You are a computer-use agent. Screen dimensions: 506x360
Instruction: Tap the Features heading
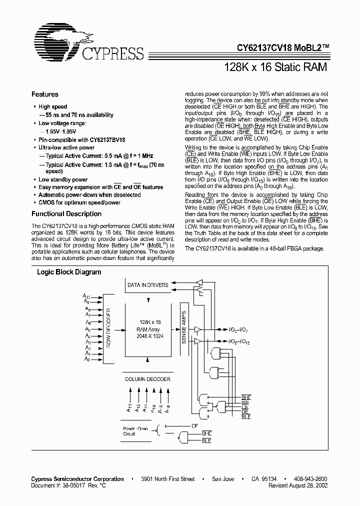pos(45,94)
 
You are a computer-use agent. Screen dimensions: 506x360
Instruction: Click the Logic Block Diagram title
pos(69,272)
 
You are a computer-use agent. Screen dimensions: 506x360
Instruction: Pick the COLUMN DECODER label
pos(147,379)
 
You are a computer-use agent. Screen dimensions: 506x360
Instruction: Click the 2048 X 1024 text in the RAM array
pos(147,336)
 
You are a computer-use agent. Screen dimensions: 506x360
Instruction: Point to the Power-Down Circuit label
pos(134,431)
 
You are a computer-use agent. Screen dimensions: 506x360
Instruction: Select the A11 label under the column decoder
pos(129,407)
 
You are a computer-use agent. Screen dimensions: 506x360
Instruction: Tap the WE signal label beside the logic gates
pos(245,402)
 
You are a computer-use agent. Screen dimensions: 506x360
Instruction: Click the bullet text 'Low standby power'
pos(63,179)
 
